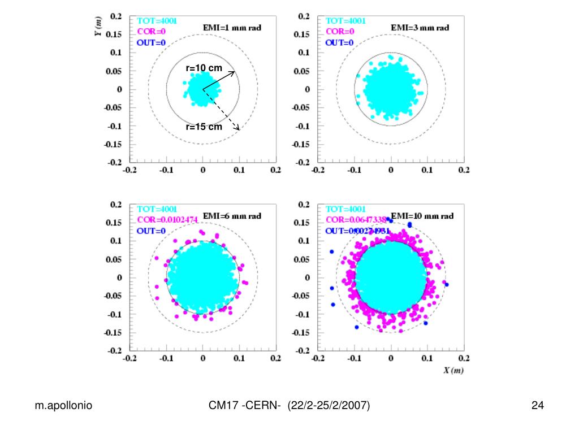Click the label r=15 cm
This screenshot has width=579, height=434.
(x=204, y=127)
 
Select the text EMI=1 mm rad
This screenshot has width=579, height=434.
(x=232, y=28)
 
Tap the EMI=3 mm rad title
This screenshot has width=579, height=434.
(x=420, y=28)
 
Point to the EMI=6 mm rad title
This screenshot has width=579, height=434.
(x=232, y=216)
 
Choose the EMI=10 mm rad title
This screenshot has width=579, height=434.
(x=422, y=216)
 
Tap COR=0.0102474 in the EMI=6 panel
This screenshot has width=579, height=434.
(x=167, y=220)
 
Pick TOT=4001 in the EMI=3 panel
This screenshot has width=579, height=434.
(x=345, y=21)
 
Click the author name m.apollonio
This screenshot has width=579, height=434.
(x=64, y=405)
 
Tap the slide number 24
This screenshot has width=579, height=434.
(x=537, y=405)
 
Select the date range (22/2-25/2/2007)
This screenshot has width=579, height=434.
(x=329, y=405)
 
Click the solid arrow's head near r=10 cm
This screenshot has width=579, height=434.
(x=232, y=72)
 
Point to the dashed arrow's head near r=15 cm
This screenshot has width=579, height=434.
(x=238, y=128)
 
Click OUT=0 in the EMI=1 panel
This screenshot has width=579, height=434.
(x=150, y=42)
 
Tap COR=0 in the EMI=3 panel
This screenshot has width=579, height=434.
(x=340, y=32)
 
